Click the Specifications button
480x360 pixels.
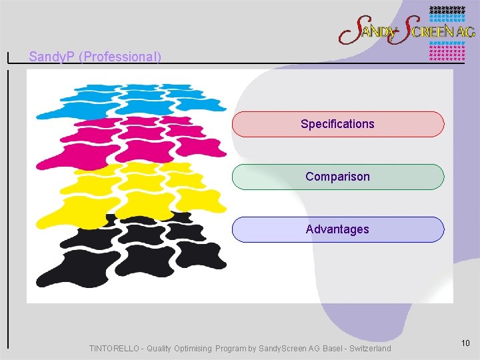pyautogui.click(x=337, y=124)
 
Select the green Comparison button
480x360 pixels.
pyautogui.click(x=337, y=177)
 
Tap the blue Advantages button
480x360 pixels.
pyautogui.click(x=337, y=229)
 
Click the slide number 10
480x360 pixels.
pyautogui.click(x=465, y=343)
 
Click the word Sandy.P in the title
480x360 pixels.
pyautogui.click(x=52, y=57)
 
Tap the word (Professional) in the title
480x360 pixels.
pyautogui.click(x=120, y=57)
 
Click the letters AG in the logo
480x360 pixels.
pyautogui.click(x=465, y=31)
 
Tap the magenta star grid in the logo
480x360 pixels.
pyautogui.click(x=446, y=51)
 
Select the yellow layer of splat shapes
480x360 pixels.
pyautogui.click(x=133, y=190)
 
